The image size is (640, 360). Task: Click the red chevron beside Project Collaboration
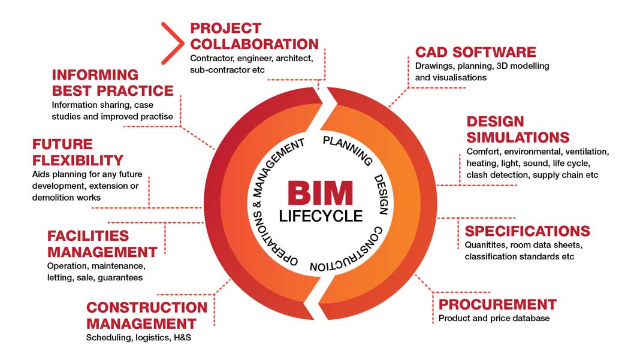171,43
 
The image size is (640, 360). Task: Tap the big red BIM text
319,193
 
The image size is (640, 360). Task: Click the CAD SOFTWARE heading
475,52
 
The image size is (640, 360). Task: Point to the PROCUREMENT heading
497,304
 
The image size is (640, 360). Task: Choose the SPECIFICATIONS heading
527,231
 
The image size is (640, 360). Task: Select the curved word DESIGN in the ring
381,195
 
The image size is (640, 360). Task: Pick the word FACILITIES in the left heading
88,236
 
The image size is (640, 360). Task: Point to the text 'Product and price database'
494,318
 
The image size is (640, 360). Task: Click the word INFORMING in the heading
95,75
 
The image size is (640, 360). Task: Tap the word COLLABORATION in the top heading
254,44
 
